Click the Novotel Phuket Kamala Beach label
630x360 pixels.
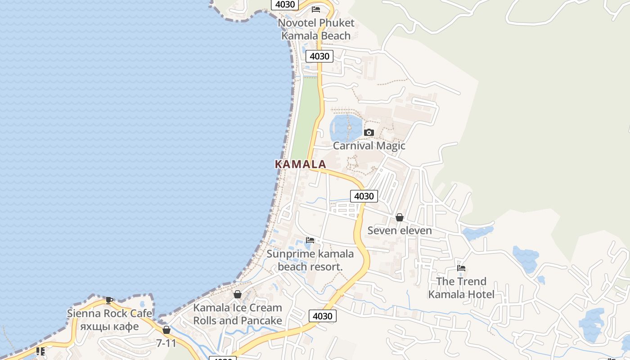point(316,29)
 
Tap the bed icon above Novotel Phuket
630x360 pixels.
point(316,9)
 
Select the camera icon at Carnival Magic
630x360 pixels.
point(369,132)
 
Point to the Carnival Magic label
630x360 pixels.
point(369,146)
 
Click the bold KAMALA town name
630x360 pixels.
point(301,164)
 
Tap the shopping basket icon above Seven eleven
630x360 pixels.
point(399,218)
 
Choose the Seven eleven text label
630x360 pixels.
point(400,230)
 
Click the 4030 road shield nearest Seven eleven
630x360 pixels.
point(364,196)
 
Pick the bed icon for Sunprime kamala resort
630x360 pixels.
point(310,240)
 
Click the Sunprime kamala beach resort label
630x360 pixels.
point(310,260)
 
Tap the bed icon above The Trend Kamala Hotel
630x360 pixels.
point(461,268)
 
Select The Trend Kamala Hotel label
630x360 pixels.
point(461,288)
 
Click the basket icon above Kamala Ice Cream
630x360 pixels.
point(238,294)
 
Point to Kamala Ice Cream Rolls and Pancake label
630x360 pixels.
point(238,314)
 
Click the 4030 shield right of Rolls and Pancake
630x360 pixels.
point(322,316)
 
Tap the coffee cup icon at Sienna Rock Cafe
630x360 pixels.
point(109,300)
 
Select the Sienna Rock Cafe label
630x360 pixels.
point(109,313)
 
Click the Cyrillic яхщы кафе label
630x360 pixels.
point(109,326)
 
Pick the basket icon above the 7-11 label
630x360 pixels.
point(166,330)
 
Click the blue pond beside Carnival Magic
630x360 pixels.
point(346,127)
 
